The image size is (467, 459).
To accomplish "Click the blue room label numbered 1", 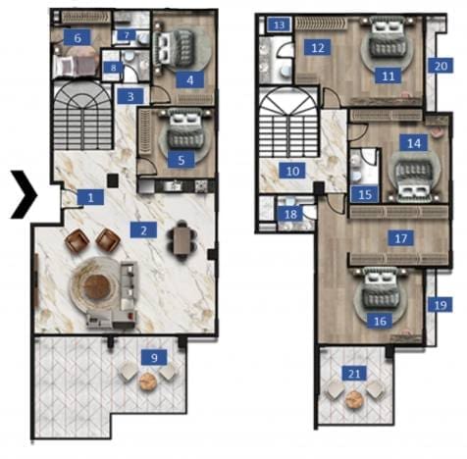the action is (90, 197).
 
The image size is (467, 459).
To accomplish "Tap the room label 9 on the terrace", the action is (154, 357).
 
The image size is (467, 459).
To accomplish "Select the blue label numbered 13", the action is (279, 25).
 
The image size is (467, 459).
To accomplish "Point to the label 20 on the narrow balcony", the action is (441, 67).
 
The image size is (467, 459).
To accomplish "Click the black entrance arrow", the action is (25, 194).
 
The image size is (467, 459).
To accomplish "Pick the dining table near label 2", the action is (181, 241).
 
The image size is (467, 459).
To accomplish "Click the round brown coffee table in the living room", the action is (96, 286).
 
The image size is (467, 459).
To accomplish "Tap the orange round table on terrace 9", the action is (148, 382).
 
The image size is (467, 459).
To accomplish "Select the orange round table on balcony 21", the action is (353, 399).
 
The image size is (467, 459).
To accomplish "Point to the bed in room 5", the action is (185, 130).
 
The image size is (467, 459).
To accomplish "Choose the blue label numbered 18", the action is (290, 215).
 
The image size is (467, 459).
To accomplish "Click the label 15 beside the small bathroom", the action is (365, 194).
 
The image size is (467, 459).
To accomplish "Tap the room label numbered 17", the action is (401, 238).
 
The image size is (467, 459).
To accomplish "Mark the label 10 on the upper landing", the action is (292, 171).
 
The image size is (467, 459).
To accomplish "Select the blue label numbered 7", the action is (127, 35).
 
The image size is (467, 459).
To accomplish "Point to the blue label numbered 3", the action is (130, 96).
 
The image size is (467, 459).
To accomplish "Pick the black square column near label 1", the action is (113, 180).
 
